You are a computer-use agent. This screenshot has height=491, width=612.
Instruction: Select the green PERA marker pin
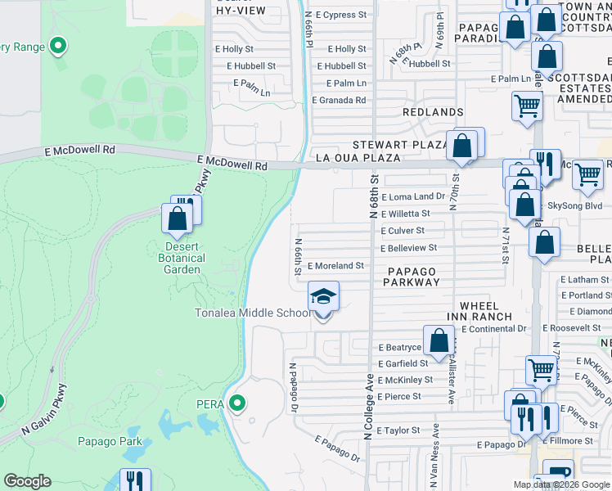[237, 403]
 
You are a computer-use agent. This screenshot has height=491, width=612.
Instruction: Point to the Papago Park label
[110, 442]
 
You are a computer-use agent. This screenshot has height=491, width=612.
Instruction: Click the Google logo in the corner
[27, 481]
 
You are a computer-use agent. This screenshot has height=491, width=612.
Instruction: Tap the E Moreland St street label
[335, 266]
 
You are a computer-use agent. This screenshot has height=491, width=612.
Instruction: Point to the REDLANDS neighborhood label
[433, 111]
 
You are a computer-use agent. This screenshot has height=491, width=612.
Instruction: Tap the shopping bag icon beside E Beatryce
[439, 340]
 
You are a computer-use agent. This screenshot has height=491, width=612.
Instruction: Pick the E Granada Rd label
[339, 100]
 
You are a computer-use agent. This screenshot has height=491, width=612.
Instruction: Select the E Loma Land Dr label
[413, 196]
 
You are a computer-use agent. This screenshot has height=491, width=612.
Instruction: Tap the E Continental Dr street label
[493, 329]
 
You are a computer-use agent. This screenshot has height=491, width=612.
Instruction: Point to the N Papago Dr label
[291, 388]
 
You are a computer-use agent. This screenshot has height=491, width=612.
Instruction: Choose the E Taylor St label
[397, 430]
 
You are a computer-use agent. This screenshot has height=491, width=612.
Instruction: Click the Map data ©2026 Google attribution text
[561, 484]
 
